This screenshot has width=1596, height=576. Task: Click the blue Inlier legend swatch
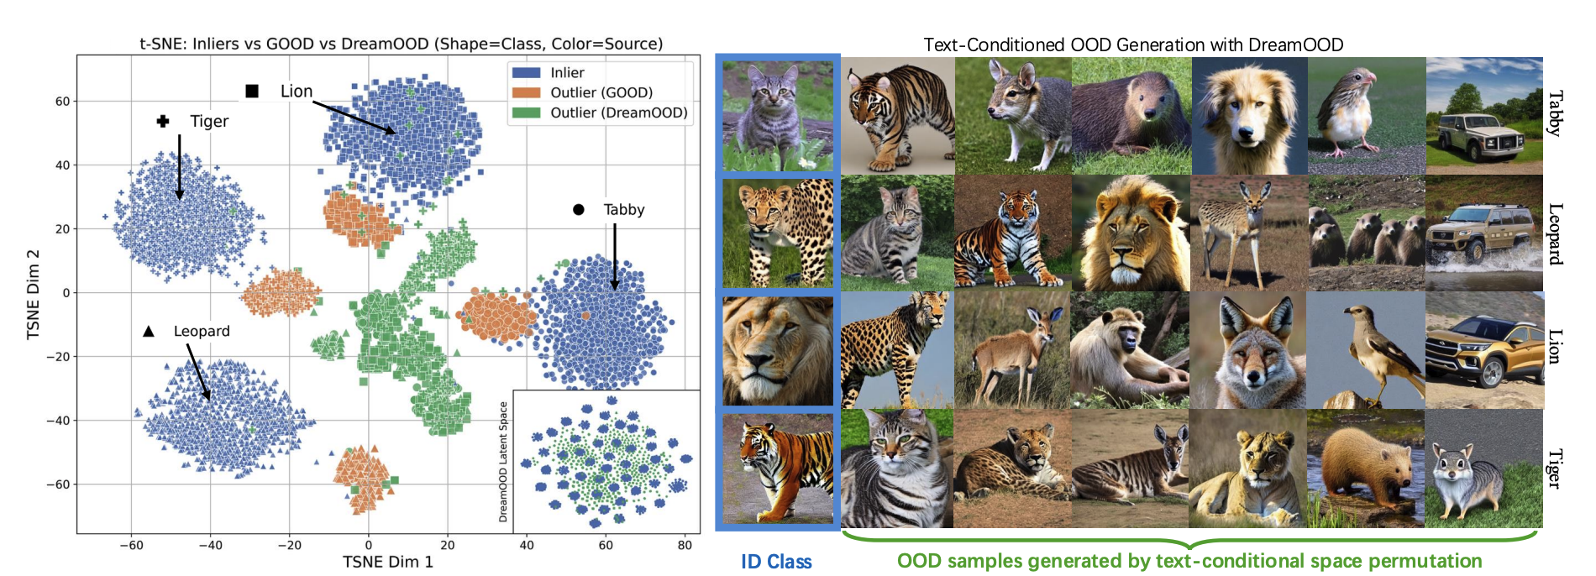pos(526,73)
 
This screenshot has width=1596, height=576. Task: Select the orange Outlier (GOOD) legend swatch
pos(526,92)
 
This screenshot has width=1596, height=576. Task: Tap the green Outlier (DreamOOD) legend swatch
pos(526,113)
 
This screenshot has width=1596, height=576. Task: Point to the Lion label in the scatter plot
pos(297,92)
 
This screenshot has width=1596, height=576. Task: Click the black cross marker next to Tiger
pos(163,122)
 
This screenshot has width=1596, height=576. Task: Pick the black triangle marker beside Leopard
pos(149,332)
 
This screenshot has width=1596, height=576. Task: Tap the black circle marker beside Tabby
pos(579,210)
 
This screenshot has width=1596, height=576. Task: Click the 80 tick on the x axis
pos(685,545)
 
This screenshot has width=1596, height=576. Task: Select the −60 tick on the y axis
pos(58,484)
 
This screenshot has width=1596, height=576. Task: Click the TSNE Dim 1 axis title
pos(388,562)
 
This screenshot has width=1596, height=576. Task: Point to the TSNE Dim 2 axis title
pos(34,295)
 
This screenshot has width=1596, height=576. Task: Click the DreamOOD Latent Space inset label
pos(504,462)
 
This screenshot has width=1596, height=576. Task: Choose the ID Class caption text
pos(776,562)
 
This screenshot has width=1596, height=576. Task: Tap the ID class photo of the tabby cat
pos(778,116)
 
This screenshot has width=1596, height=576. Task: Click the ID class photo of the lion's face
pos(778,350)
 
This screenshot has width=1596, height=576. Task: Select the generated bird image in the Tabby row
pos(1366,116)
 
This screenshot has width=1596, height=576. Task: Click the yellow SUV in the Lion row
pos(1483,350)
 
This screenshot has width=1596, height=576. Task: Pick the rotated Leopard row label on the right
pos(1556,233)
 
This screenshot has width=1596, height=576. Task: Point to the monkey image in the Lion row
pos(1131,350)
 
